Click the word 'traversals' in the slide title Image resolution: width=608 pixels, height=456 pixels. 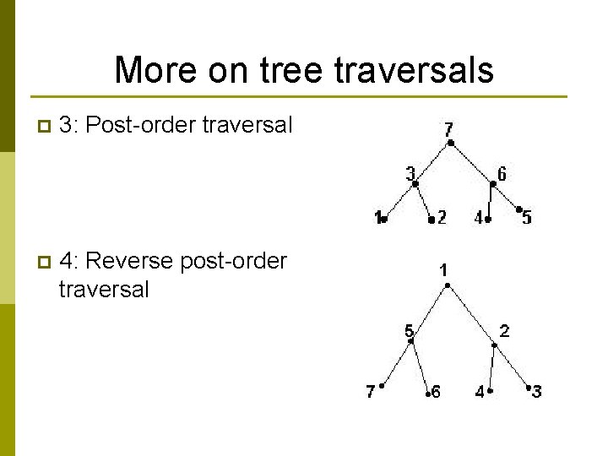414,70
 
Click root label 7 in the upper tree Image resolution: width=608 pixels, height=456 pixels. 448,129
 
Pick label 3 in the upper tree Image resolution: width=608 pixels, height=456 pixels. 410,174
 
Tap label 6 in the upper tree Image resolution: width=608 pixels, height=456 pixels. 502,175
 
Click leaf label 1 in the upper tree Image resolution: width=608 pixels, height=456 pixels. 377,218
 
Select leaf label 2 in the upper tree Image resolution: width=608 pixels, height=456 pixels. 442,218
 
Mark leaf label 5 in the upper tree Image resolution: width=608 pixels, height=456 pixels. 527,218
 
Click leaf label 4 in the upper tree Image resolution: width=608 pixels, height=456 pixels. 479,218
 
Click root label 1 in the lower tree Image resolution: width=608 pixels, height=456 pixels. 443,270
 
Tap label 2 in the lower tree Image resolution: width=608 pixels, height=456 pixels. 504,331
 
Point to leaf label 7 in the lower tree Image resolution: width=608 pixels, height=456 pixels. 370,391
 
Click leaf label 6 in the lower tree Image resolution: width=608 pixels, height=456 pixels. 436,393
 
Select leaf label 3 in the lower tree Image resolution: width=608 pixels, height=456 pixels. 537,391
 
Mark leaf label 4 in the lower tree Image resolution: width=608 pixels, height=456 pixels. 480,392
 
